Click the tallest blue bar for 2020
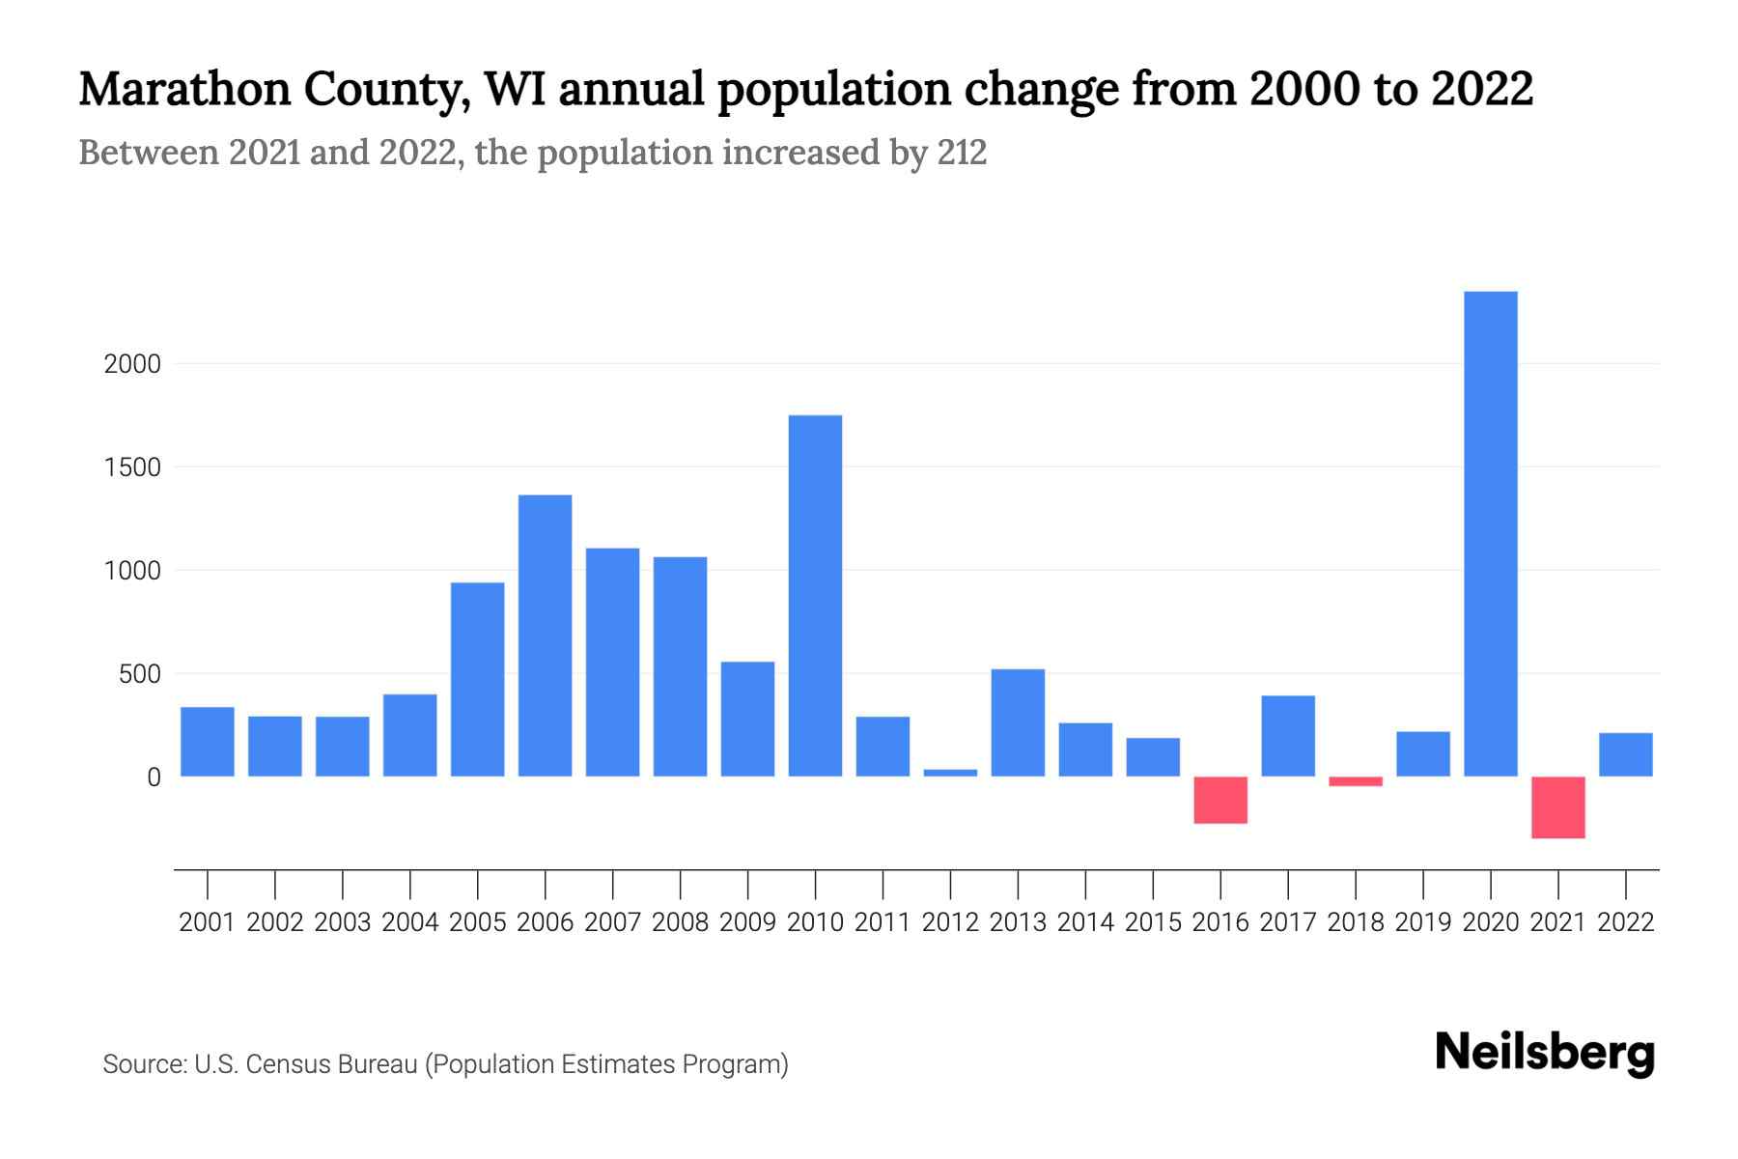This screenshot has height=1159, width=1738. click(1490, 533)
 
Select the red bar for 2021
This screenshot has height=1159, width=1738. click(1557, 807)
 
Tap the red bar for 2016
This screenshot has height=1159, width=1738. click(1220, 800)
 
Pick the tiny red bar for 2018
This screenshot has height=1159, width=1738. click(1356, 781)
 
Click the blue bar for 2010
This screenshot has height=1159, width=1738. click(815, 596)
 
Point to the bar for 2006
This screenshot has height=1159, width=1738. click(545, 636)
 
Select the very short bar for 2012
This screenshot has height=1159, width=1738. click(950, 773)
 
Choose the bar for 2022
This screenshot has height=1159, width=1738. click(1625, 754)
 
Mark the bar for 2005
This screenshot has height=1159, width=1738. click(477, 679)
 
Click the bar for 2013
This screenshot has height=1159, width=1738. click(1018, 722)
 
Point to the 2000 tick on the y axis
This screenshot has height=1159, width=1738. click(132, 364)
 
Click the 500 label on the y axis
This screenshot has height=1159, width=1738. click(139, 674)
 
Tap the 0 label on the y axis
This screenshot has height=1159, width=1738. click(153, 777)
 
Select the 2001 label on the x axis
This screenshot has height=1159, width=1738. click(207, 922)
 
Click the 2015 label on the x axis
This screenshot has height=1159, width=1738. click(1153, 922)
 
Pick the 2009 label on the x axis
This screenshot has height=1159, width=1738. click(747, 922)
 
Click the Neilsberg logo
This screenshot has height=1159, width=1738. click(1544, 1053)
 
